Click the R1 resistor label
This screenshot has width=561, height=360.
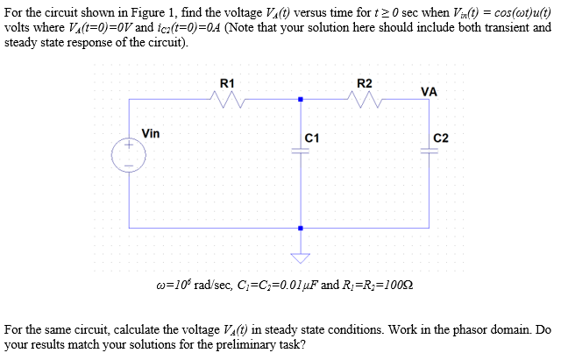[x=226, y=83]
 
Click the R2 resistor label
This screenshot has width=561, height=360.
[x=366, y=83]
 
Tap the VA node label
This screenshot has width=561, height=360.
[x=430, y=91]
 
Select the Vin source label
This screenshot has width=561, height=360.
[x=151, y=134]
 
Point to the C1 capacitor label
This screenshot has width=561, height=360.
[x=312, y=139]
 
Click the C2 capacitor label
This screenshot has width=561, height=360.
[x=441, y=139]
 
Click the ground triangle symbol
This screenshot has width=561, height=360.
[x=301, y=258]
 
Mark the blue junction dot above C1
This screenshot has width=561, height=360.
[x=301, y=99]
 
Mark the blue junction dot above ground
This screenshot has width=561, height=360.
[x=301, y=229]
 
